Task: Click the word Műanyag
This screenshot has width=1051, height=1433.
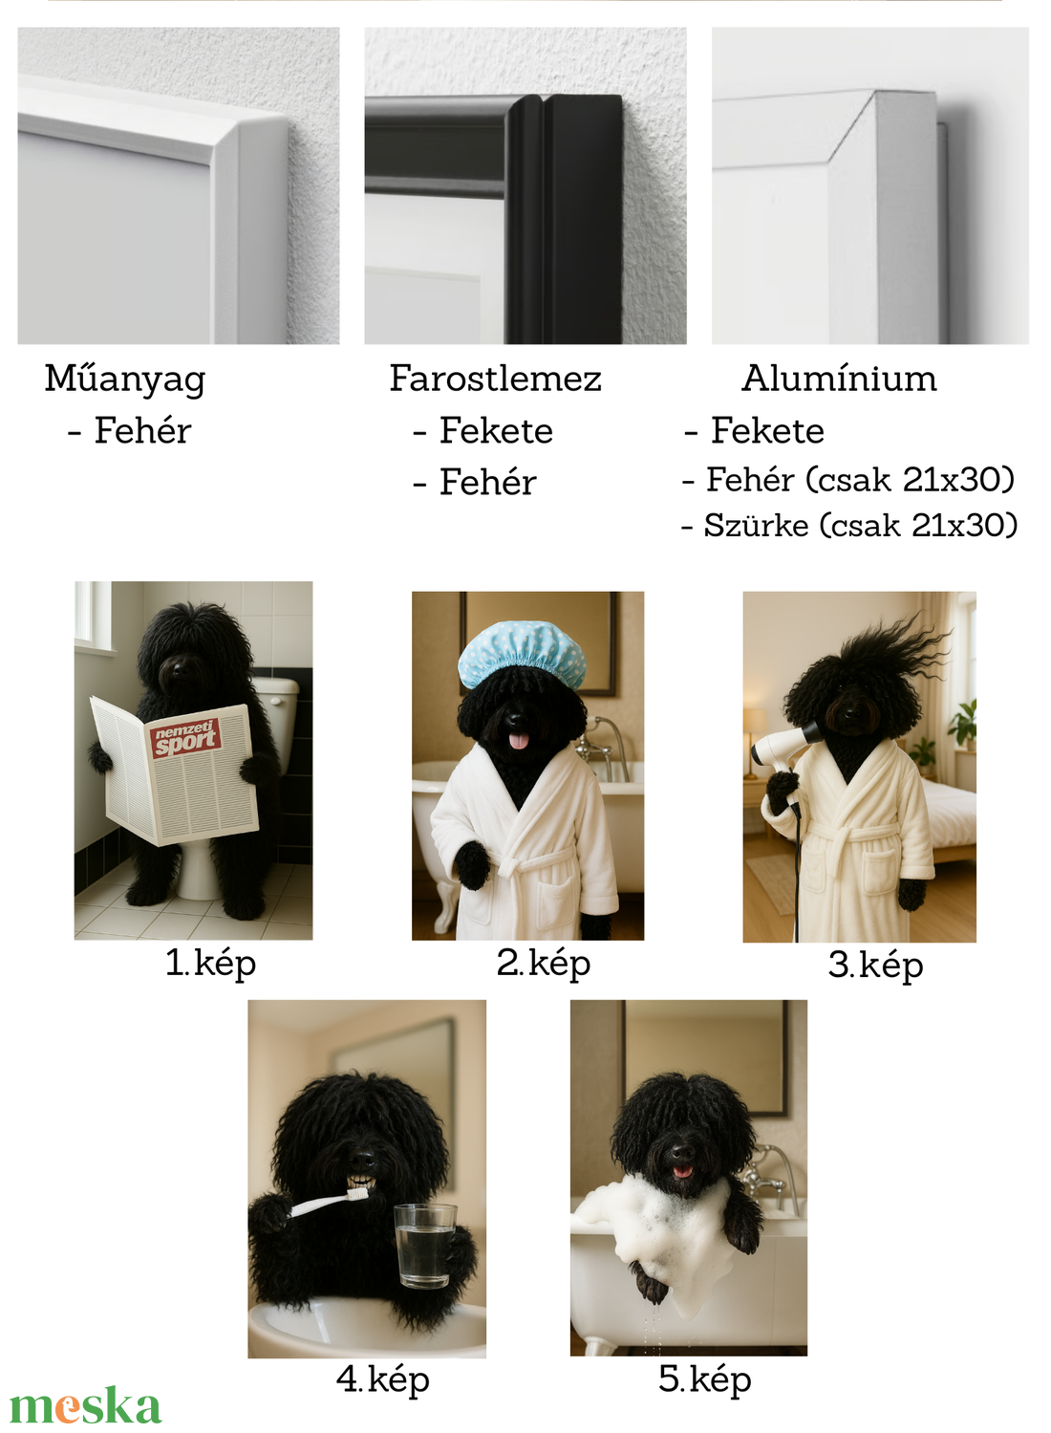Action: [x=125, y=380]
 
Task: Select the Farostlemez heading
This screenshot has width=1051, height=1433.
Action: [x=496, y=378]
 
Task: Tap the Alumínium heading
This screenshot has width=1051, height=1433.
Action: [x=840, y=378]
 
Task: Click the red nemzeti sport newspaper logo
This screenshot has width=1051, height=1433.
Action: [x=186, y=738]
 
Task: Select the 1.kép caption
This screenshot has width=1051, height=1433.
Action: [x=211, y=964]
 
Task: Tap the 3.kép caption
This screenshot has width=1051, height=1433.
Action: [x=876, y=966]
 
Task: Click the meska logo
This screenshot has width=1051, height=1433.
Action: [x=86, y=1406]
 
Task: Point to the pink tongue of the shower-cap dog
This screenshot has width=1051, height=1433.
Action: [x=519, y=741]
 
